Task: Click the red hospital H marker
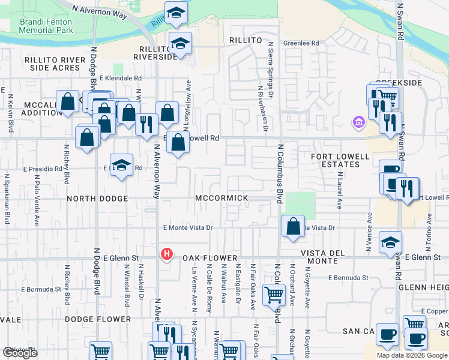[166, 254]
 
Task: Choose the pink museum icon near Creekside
[358, 123]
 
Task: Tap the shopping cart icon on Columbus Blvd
[274, 294]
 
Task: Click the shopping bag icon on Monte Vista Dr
[293, 227]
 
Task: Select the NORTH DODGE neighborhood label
[97, 198]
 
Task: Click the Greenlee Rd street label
[301, 43]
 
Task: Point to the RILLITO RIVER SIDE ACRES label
[52, 64]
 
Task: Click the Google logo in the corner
[20, 353]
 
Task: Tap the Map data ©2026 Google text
[412, 355]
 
